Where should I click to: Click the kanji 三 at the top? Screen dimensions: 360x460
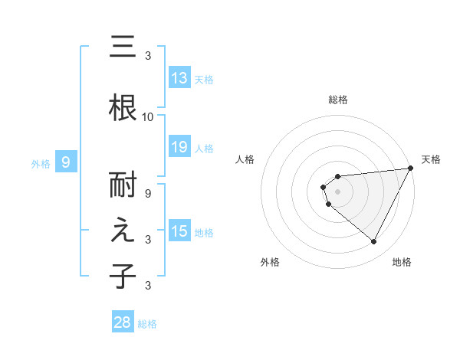tap(123, 47)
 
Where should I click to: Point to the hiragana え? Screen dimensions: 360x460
tap(123, 231)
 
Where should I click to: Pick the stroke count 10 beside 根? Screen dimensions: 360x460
tap(148, 116)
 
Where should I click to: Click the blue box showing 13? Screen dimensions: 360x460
tap(179, 78)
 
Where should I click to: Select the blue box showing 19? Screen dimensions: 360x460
tap(179, 147)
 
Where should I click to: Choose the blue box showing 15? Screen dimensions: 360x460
tap(179, 231)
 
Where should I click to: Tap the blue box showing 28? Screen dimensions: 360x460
tap(123, 322)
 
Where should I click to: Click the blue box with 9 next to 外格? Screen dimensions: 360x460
tap(67, 162)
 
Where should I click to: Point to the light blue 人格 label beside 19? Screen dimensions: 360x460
tap(204, 148)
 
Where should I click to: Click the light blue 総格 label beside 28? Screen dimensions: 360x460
tap(147, 323)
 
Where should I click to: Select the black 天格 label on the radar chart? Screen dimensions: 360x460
tap(431, 159)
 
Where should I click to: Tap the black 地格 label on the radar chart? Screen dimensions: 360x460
tap(402, 262)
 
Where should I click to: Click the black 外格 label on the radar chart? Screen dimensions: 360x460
tap(270, 262)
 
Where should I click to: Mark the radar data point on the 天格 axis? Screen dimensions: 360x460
tap(412, 168)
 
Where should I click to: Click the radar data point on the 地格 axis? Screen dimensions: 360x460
tap(374, 242)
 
